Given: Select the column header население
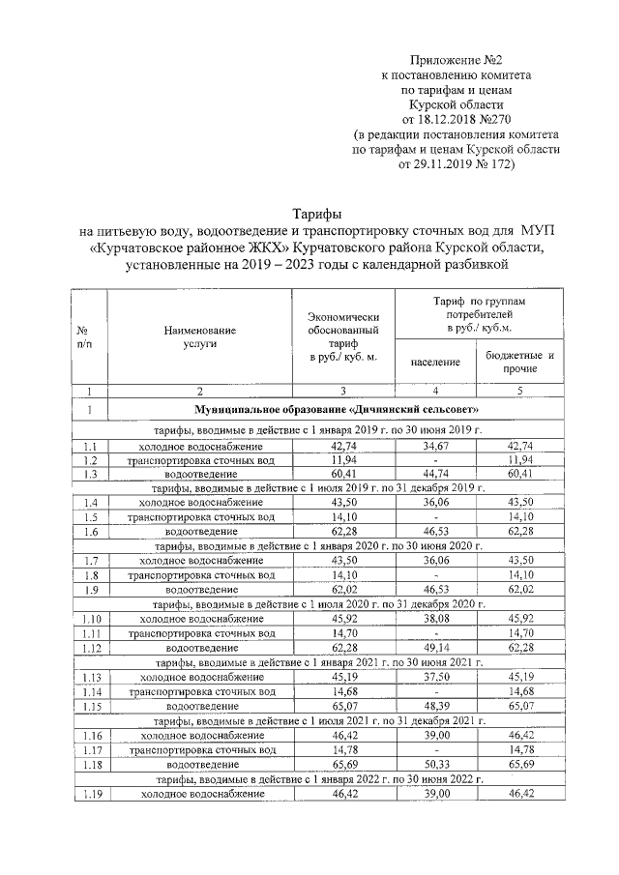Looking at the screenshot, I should coord(434,362).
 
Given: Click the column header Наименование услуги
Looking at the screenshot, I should coord(199,336).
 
